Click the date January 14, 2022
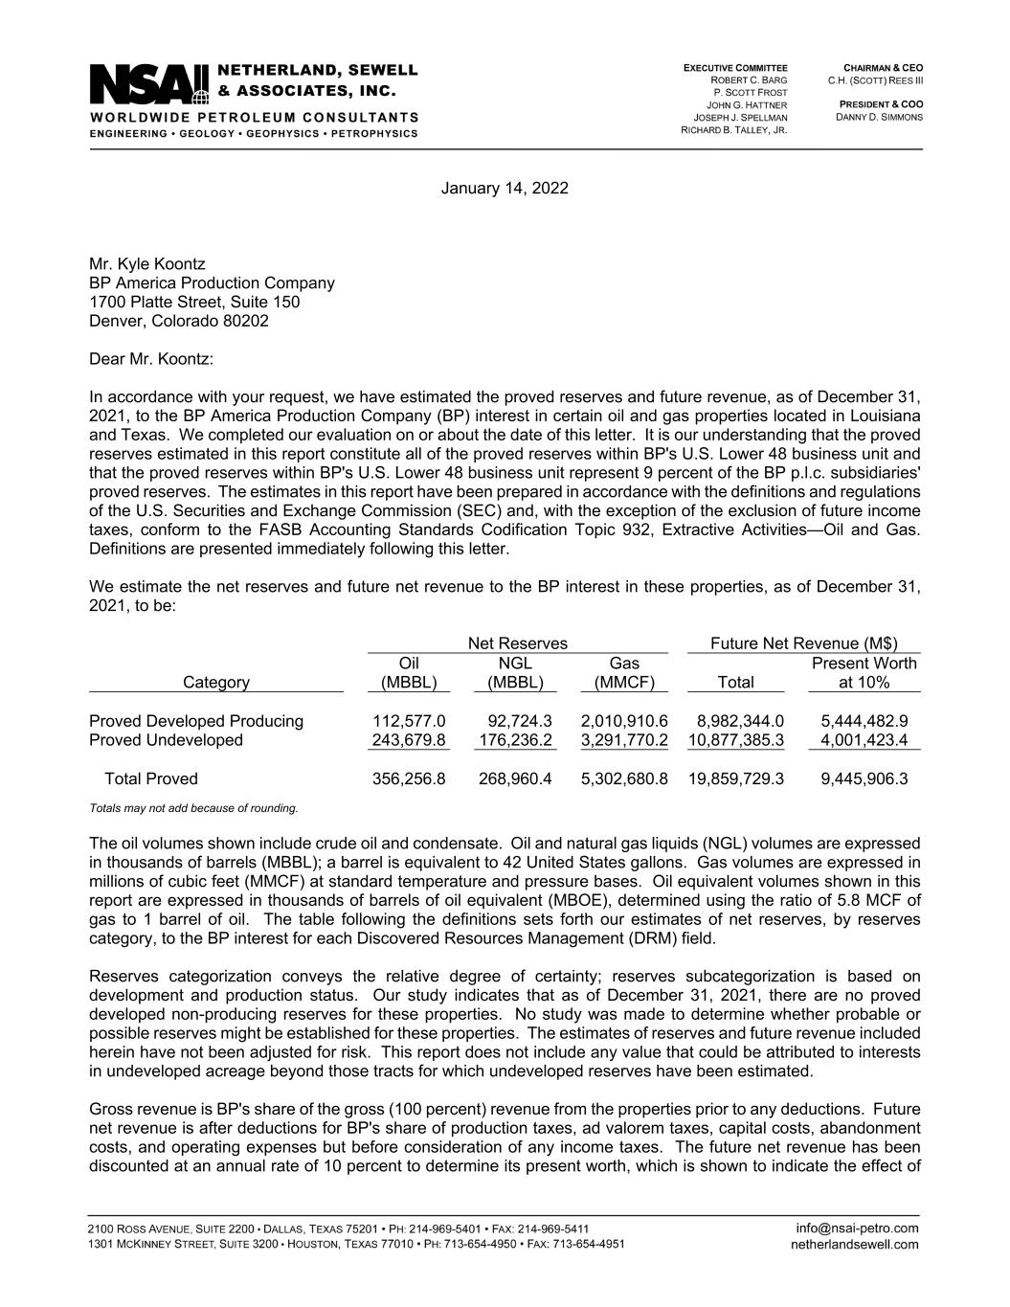coord(505,188)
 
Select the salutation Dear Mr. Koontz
coord(151,359)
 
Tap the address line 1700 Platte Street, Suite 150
coord(194,302)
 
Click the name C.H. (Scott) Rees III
coord(875,80)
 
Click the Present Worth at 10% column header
coord(864,673)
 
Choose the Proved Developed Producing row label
coord(196,721)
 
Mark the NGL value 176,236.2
coord(515,740)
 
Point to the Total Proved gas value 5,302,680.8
coord(624,778)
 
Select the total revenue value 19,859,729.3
coord(736,778)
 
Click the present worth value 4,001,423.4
coord(864,740)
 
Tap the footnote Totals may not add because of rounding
coord(193,808)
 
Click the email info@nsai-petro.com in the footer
coord(857,1228)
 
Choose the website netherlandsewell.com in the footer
coord(855,1245)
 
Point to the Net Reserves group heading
coord(517,643)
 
